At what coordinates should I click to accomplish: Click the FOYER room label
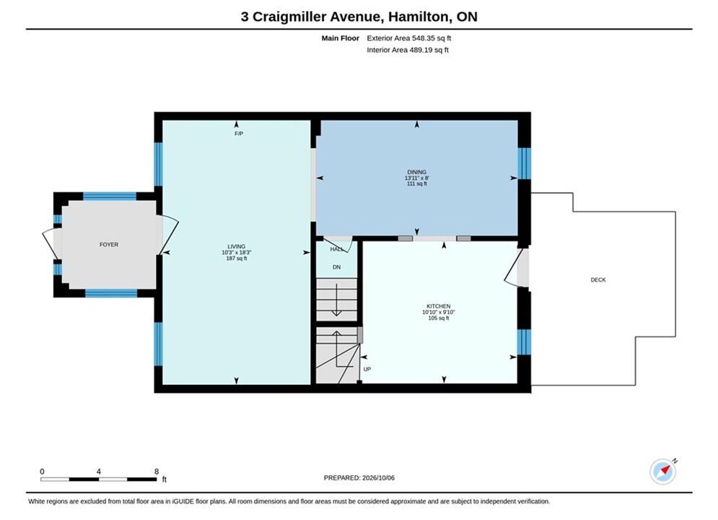[x=109, y=245]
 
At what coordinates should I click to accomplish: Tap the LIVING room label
[x=236, y=246]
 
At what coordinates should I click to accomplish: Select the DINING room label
[x=416, y=173]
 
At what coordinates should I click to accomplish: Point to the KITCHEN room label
[x=439, y=306]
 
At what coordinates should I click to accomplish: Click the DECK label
[x=598, y=280]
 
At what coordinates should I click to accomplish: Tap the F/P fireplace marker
[x=239, y=134]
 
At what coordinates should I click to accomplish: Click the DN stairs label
[x=336, y=267]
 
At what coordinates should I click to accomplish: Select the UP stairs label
[x=367, y=369]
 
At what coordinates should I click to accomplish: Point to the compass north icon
[x=663, y=471]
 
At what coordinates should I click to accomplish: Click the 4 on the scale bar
[x=98, y=472]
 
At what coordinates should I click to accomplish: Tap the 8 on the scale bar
[x=157, y=472]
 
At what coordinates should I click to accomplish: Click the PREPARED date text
[x=359, y=478]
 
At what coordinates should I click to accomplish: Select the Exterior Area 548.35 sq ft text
[x=409, y=38]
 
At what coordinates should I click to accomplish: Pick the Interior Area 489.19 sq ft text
[x=408, y=50]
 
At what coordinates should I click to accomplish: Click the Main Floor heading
[x=340, y=38]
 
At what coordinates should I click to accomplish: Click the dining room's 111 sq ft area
[x=416, y=183]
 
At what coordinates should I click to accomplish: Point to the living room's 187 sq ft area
[x=236, y=259]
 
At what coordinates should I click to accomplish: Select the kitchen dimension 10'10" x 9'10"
[x=439, y=312]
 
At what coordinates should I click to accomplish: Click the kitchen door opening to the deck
[x=517, y=267]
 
